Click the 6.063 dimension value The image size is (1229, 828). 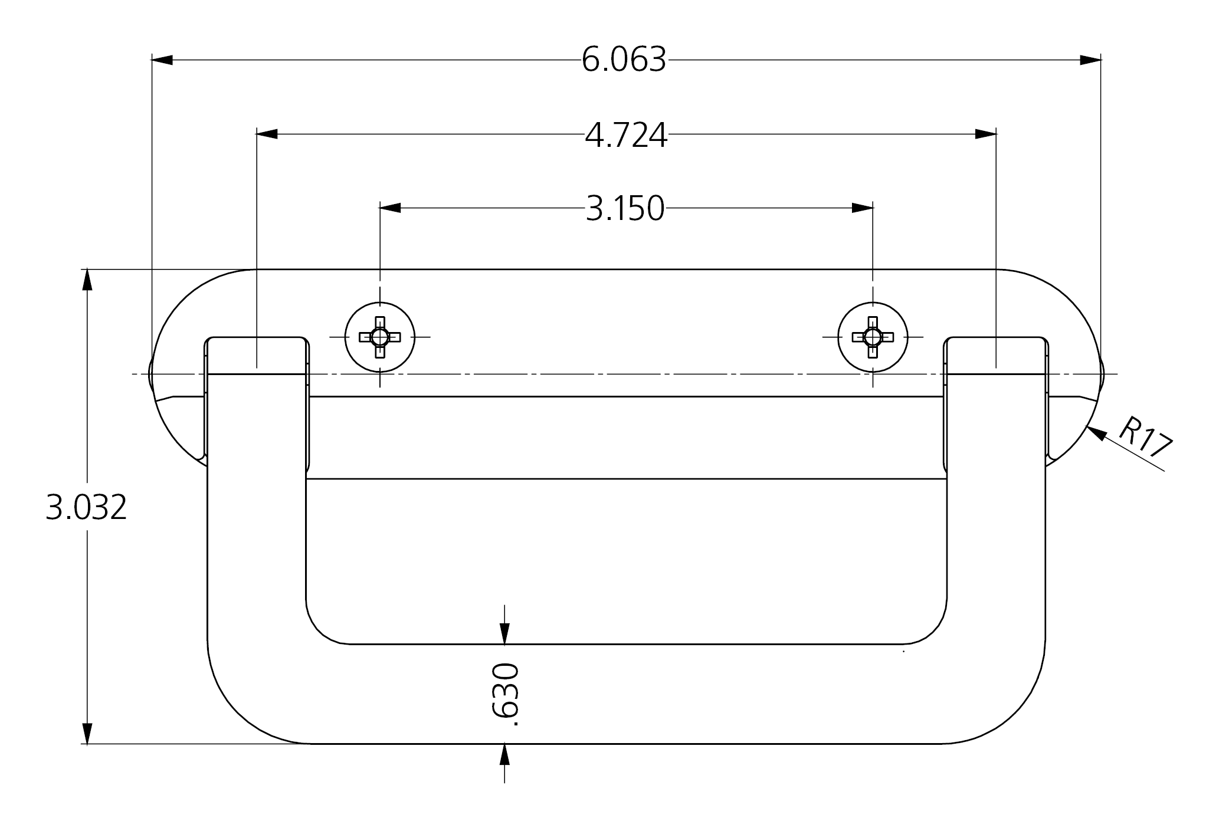pyautogui.click(x=624, y=60)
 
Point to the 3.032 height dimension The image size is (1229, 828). pyautogui.click(x=86, y=507)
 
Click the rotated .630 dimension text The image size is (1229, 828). pyautogui.click(x=505, y=694)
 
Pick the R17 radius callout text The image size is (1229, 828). pyautogui.click(x=1145, y=437)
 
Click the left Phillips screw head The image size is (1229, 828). pyautogui.click(x=380, y=337)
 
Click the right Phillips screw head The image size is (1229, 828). pyautogui.click(x=873, y=337)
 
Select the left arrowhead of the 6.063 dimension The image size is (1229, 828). pyautogui.click(x=162, y=60)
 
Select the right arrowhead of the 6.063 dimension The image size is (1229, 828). pyautogui.click(x=1090, y=60)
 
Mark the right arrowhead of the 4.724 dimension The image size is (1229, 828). pyautogui.click(x=985, y=134)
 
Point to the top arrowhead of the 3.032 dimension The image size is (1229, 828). pyautogui.click(x=87, y=280)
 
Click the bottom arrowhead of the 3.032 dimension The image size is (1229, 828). pyautogui.click(x=87, y=733)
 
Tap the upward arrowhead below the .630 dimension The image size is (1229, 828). pyautogui.click(x=504, y=754)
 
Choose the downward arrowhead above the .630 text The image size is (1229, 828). pyautogui.click(x=504, y=634)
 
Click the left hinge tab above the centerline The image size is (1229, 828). pyautogui.click(x=257, y=355)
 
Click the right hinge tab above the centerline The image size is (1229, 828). pyautogui.click(x=996, y=355)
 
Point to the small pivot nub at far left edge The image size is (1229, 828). pyautogui.click(x=151, y=374)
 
